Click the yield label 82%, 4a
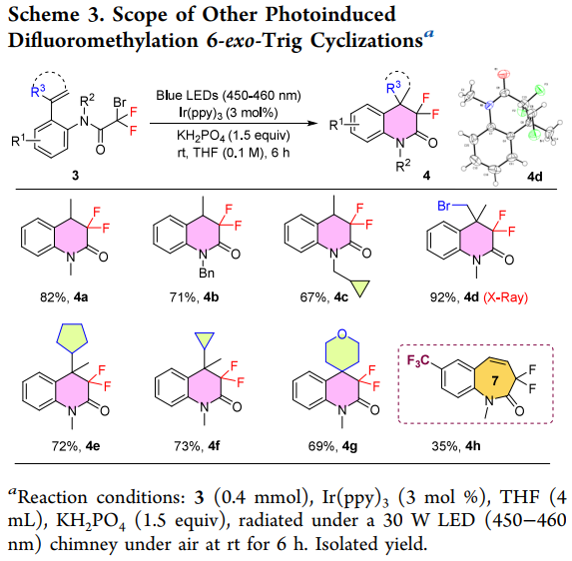click(x=64, y=297)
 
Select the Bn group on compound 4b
click(x=207, y=274)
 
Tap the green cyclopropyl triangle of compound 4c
click(x=360, y=288)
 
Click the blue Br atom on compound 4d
click(x=444, y=206)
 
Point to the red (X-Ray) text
click(x=505, y=297)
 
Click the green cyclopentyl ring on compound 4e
click(x=72, y=337)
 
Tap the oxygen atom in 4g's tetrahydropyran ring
click(x=341, y=333)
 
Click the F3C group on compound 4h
click(x=418, y=360)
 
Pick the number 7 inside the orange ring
click(x=495, y=380)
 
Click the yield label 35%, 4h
click(x=456, y=446)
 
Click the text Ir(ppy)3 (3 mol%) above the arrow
click(x=229, y=113)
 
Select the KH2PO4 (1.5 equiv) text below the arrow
click(x=234, y=136)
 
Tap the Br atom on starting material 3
click(x=120, y=102)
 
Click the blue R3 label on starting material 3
click(x=38, y=91)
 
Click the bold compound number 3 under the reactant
click(x=75, y=176)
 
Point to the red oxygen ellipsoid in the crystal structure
click(x=504, y=74)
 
